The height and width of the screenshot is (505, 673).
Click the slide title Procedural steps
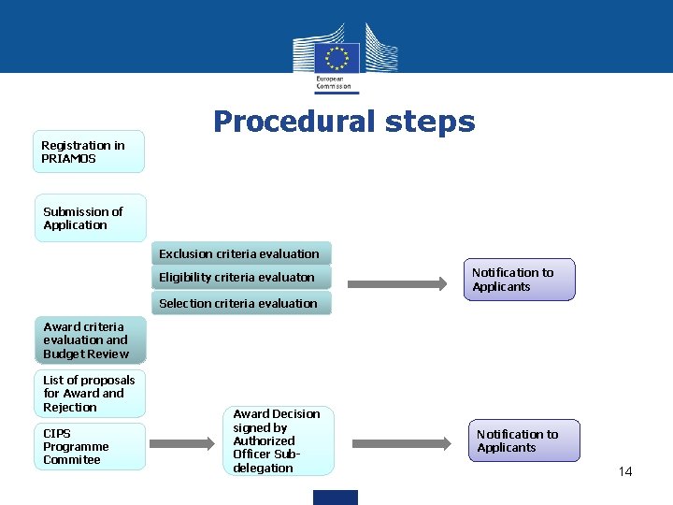pos(344,123)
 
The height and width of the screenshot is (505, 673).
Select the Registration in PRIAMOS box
pos(90,151)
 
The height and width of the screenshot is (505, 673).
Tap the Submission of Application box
pos(91,218)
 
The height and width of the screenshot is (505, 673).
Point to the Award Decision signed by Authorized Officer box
pos(277,440)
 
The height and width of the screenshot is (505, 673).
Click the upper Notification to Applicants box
pos(519,280)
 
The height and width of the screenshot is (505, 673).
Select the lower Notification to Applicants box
pos(523,440)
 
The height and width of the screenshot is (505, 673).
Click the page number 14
pos(625,471)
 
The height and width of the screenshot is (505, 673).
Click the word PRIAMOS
pos(68,159)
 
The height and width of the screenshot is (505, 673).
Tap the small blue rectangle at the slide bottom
pos(336,498)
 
